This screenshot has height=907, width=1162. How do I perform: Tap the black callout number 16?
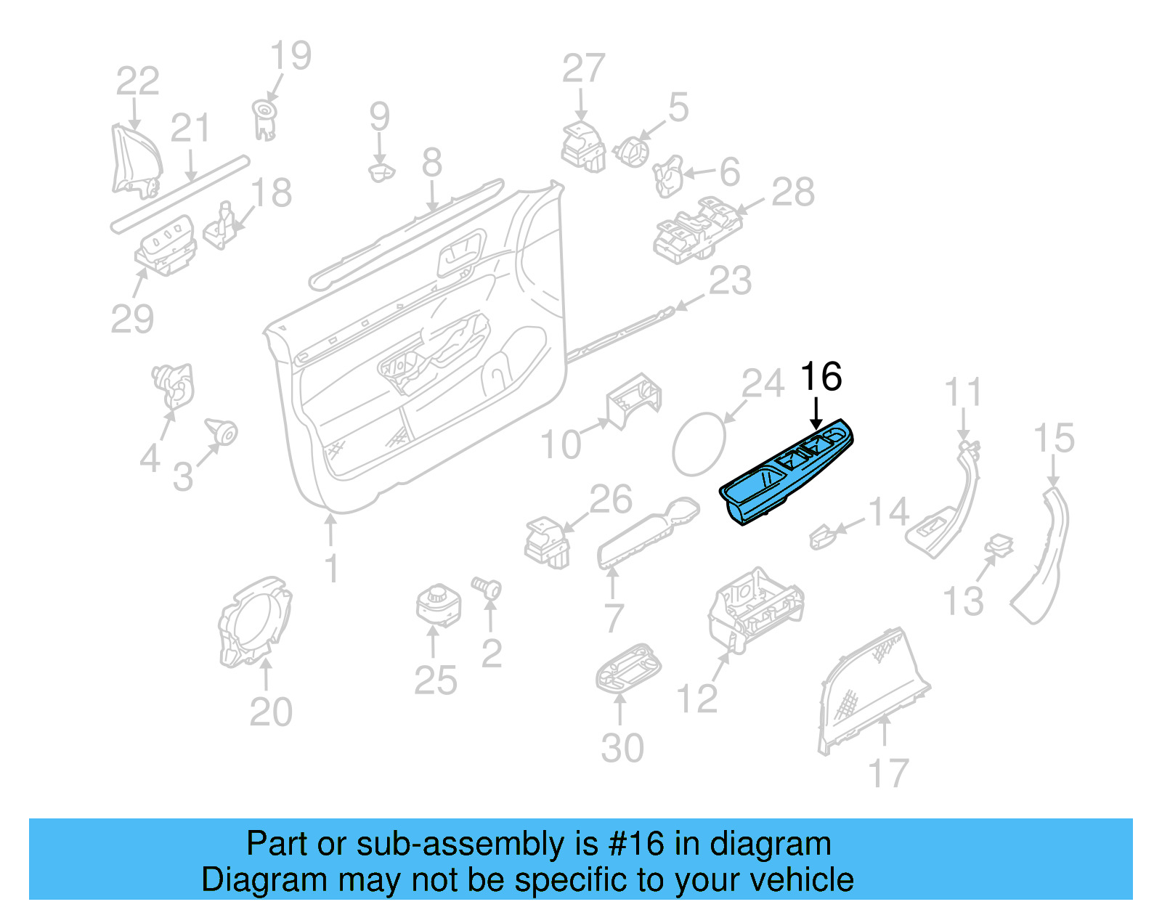pyautogui.click(x=821, y=378)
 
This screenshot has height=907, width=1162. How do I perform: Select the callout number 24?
pyautogui.click(x=763, y=384)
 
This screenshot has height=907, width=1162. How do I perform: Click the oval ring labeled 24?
pyautogui.click(x=699, y=444)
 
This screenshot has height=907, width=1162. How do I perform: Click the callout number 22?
pyautogui.click(x=137, y=81)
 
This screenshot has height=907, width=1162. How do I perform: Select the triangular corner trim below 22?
pyautogui.click(x=135, y=163)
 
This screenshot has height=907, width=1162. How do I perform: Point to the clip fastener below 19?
pyautogui.click(x=264, y=119)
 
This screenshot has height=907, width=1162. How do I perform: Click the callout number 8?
pyautogui.click(x=431, y=163)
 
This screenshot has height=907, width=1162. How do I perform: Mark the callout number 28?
pyautogui.click(x=792, y=192)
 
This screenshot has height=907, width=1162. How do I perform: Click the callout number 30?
pyautogui.click(x=622, y=748)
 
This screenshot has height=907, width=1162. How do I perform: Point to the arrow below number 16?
pyautogui.click(x=817, y=414)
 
